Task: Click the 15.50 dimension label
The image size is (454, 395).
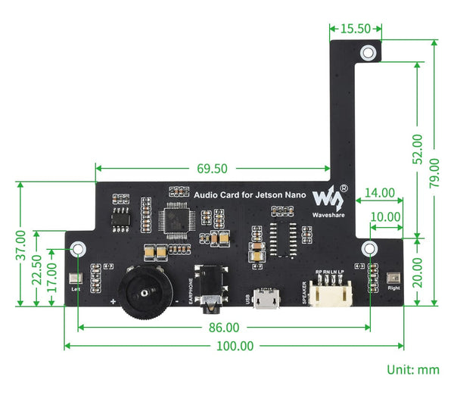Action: coord(355,29)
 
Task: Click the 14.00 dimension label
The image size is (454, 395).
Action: coord(380,192)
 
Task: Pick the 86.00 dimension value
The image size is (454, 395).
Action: coord(224,328)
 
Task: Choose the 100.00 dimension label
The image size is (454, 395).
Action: coord(235,346)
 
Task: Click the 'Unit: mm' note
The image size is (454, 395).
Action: coord(413,370)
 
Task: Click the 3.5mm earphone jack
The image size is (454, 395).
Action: coord(209,291)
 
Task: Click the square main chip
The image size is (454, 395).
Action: coord(176,219)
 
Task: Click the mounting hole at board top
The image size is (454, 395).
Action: coord(368,53)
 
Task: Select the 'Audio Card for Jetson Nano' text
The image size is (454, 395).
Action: coord(250,195)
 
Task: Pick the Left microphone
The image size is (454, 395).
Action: coord(74,279)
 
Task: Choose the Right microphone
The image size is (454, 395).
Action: coord(392,278)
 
